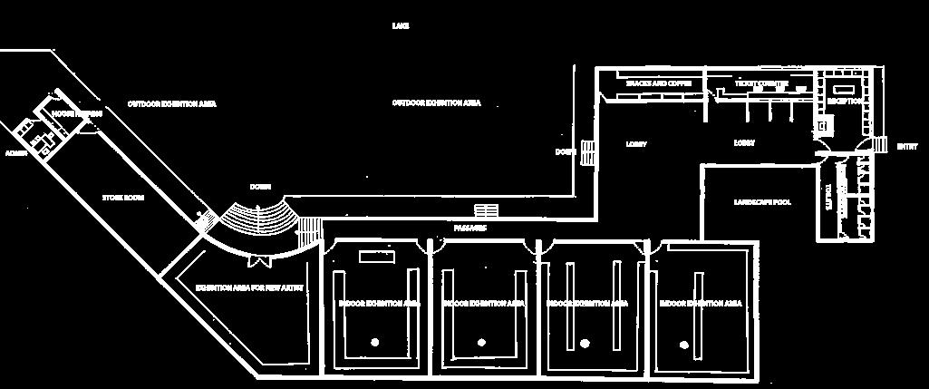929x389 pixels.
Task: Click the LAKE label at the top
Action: [x=401, y=26]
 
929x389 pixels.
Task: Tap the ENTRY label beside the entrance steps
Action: [x=906, y=146]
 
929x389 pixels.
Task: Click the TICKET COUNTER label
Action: [x=761, y=84]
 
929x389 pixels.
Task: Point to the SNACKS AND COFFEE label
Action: [x=659, y=83]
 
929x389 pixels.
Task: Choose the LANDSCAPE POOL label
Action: [x=762, y=202]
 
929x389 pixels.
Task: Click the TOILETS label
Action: [x=827, y=198]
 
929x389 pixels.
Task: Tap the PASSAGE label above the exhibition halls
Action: [x=470, y=228]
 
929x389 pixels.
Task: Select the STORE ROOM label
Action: [x=123, y=197]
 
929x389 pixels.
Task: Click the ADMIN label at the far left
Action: [x=17, y=153]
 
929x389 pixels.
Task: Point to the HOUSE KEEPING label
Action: [x=76, y=114]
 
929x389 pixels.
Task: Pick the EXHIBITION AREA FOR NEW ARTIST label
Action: [x=248, y=287]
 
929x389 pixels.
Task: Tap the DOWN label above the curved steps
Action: [x=260, y=187]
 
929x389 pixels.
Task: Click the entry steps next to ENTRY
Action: [x=878, y=145]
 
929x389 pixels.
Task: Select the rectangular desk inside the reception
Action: [x=847, y=89]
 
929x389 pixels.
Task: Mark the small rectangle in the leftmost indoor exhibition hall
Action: [x=376, y=257]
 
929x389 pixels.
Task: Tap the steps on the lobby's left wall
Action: [x=588, y=153]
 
